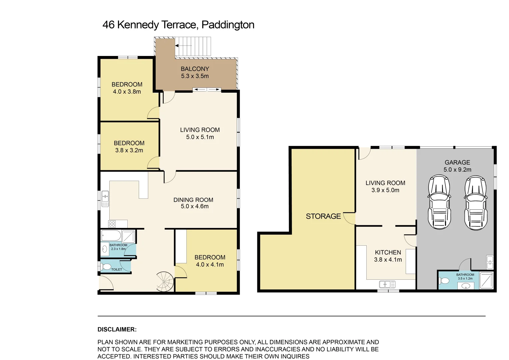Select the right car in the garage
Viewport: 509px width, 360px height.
point(476,203)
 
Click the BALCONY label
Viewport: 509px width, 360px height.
point(195,69)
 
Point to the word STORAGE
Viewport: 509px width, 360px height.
point(323,216)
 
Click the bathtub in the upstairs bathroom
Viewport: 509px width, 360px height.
point(111,236)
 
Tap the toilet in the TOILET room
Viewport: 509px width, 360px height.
point(106,267)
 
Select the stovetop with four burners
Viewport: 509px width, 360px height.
point(112,224)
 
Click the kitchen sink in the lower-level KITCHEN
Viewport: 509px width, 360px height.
point(387,284)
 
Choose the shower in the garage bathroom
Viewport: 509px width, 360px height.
point(486,280)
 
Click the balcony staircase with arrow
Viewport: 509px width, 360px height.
point(193,46)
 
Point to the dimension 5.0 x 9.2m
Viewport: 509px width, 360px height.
point(457,170)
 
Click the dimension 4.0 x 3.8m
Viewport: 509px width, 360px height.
point(127,92)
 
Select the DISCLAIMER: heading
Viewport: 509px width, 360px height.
point(117,329)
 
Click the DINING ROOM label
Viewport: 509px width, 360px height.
point(193,200)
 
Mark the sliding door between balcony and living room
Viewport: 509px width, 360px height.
point(207,89)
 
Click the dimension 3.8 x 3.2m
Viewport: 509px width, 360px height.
point(129,150)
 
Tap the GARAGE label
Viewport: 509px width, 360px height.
point(457,162)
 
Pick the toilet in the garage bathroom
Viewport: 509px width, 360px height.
point(444,281)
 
